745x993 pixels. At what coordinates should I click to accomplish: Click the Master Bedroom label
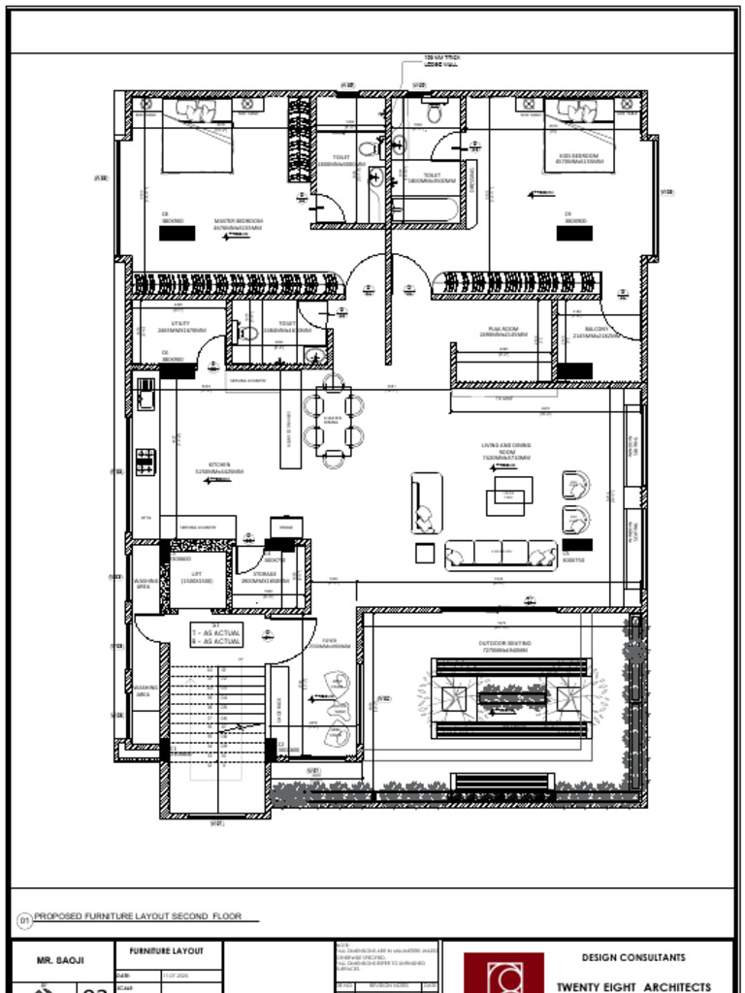(239, 223)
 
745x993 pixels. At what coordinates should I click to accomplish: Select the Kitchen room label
(219, 467)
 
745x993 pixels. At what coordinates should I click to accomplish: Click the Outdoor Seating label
(502, 644)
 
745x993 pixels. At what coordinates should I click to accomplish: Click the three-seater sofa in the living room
(501, 554)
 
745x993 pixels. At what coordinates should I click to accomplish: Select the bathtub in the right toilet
(427, 209)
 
